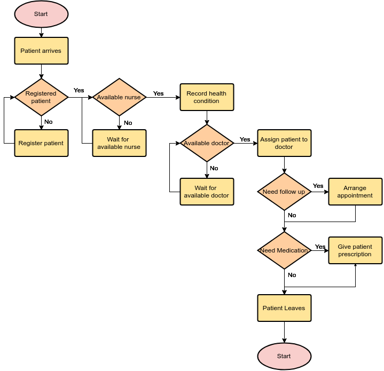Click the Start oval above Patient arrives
(x=41, y=14)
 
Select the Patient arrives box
(x=41, y=51)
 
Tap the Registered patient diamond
(x=41, y=97)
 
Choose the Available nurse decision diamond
(x=119, y=97)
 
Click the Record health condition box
(x=207, y=97)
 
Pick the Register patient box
(x=41, y=143)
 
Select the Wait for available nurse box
(x=119, y=143)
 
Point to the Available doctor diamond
(x=207, y=143)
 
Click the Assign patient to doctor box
(x=284, y=143)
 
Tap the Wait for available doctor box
(x=207, y=192)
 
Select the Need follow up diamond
(x=284, y=192)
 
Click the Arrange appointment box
(x=355, y=192)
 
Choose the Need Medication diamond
(x=284, y=250)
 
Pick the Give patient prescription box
(x=355, y=250)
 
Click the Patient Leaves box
(x=284, y=308)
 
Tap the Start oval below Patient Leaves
(x=284, y=356)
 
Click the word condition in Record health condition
(x=207, y=101)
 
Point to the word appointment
(x=355, y=195)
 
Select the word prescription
(x=355, y=254)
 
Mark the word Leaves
(x=295, y=308)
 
